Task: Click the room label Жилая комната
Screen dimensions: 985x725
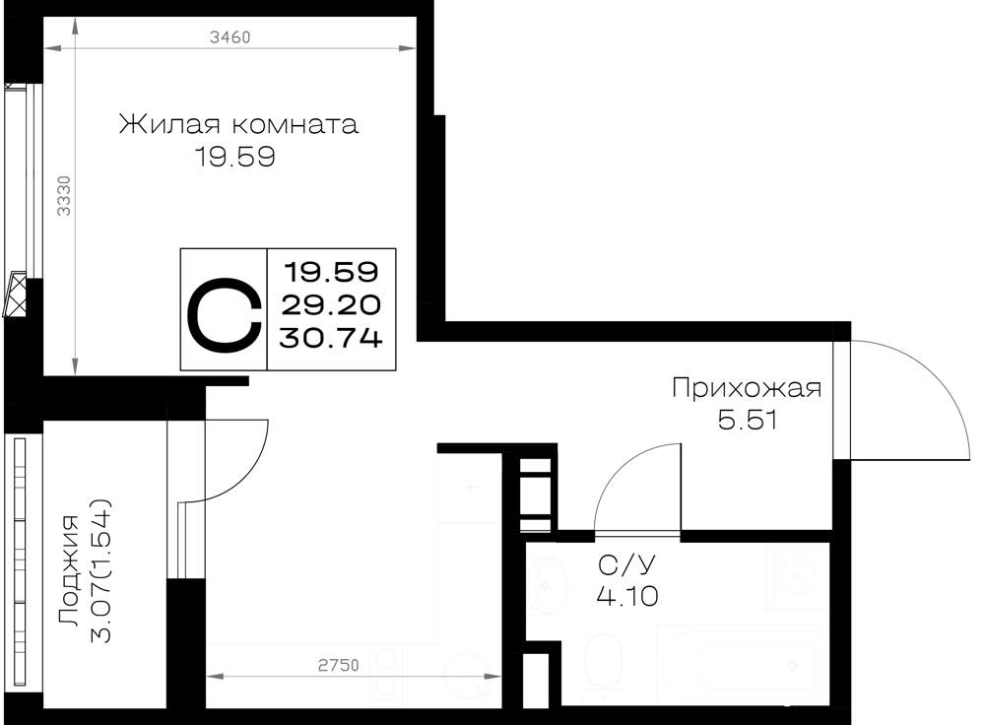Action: [x=238, y=124]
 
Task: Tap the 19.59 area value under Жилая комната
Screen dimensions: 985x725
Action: [x=235, y=157]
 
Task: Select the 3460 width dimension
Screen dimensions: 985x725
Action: [x=230, y=37]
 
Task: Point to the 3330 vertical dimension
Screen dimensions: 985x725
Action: [x=64, y=195]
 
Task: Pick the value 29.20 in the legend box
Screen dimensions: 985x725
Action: [x=331, y=305]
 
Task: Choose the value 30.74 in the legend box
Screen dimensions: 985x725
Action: [x=331, y=339]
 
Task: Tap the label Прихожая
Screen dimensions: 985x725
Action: [x=747, y=389]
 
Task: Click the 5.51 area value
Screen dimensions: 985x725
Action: [x=748, y=420]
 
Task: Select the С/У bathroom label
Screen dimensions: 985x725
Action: [x=626, y=565]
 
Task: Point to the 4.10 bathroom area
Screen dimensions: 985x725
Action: [x=626, y=596]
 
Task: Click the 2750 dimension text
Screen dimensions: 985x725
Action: [x=339, y=665]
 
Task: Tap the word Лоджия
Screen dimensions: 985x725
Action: [x=69, y=570]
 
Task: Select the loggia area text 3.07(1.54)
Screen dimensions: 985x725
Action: [x=100, y=570]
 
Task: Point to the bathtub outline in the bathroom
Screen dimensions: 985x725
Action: [x=742, y=666]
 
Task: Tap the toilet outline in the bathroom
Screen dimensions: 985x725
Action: [x=603, y=667]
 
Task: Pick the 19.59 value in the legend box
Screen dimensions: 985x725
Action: [x=331, y=272]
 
